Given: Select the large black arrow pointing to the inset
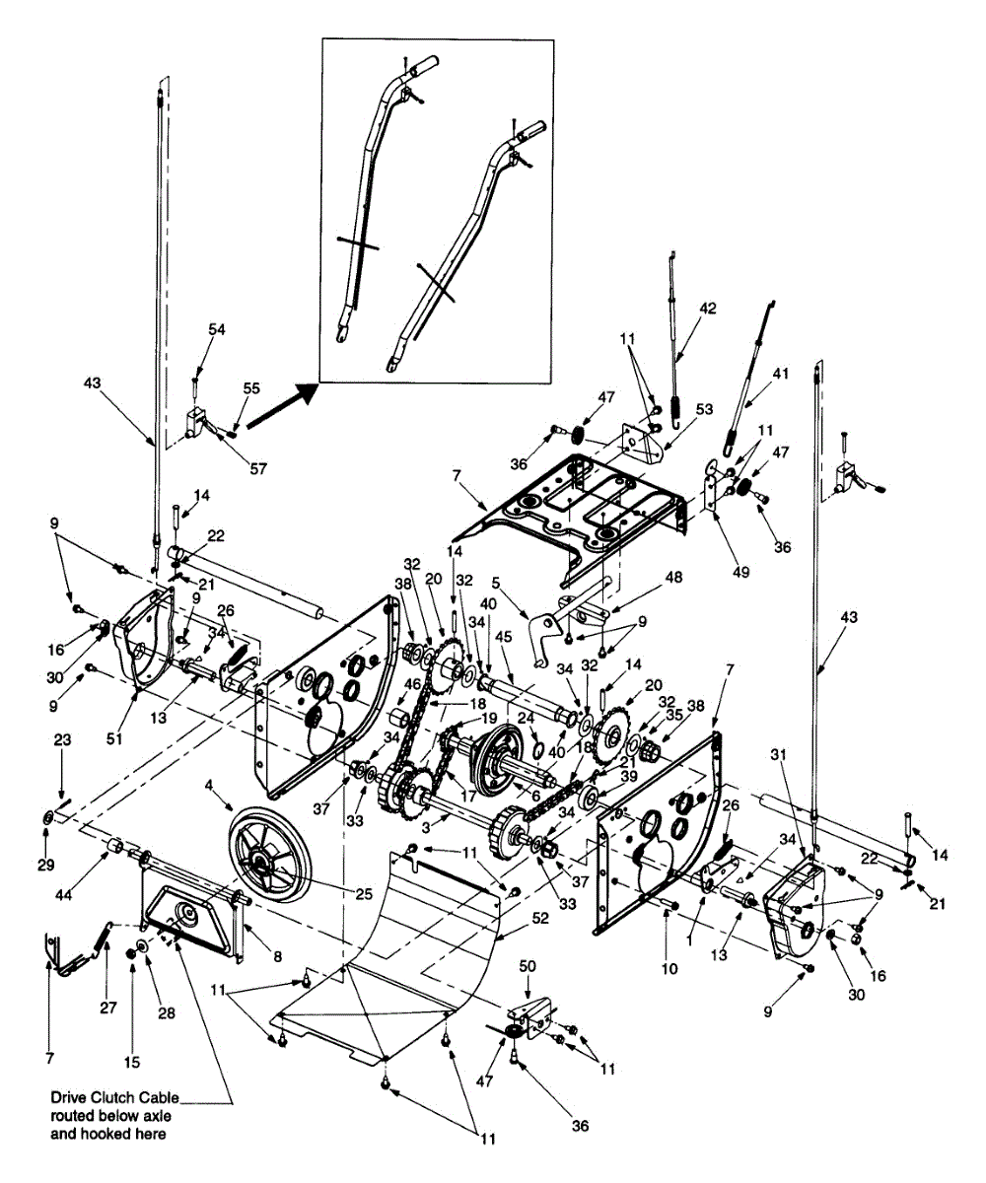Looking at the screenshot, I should (283, 407).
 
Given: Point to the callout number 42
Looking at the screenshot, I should (709, 307).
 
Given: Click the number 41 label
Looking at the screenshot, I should (782, 373).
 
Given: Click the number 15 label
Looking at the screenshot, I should (132, 1063).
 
